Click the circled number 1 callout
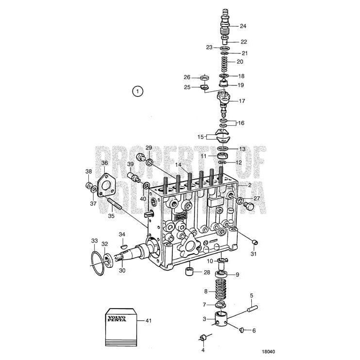point(137,91)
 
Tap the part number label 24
point(243,26)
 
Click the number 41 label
point(148,320)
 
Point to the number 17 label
point(242,101)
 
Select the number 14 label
point(178,165)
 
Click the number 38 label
point(88,171)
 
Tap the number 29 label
point(149,147)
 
